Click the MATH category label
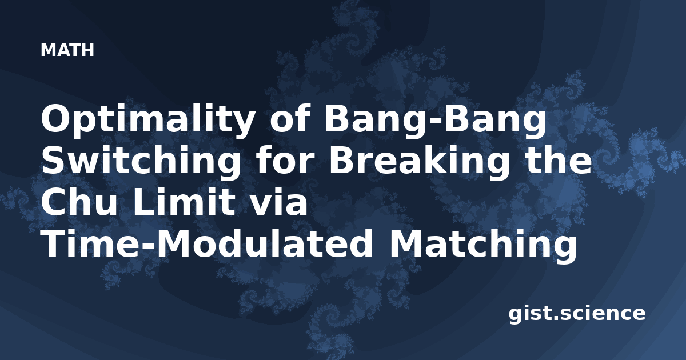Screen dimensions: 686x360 67,50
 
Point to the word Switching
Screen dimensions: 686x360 141,162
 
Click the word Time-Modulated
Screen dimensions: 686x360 207,243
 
